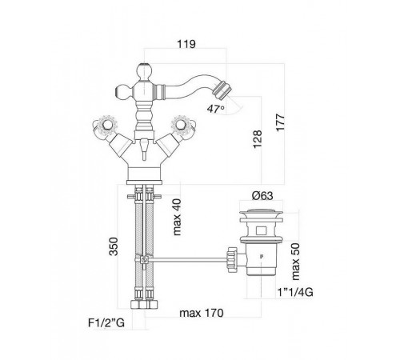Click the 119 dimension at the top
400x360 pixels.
click(x=186, y=44)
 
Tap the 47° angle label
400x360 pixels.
click(x=215, y=109)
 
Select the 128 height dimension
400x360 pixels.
click(x=258, y=139)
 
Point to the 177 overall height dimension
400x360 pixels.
click(x=280, y=122)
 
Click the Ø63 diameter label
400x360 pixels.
click(x=262, y=196)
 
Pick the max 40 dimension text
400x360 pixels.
click(x=177, y=217)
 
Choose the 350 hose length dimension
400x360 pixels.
click(x=114, y=246)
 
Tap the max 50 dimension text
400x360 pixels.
click(x=296, y=262)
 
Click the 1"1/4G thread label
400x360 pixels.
click(x=295, y=293)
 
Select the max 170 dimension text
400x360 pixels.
click(x=202, y=313)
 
